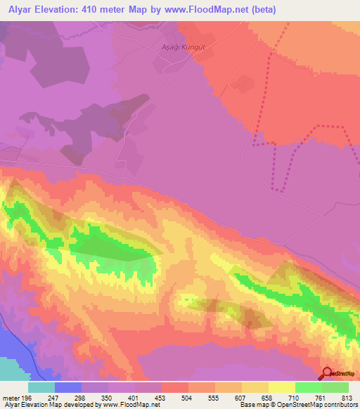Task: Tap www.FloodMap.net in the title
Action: pos(212,10)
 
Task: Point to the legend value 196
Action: pos(27,397)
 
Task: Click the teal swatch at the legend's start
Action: pos(41,387)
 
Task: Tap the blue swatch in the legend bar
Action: pos(68,387)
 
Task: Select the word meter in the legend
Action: pos(9,397)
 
